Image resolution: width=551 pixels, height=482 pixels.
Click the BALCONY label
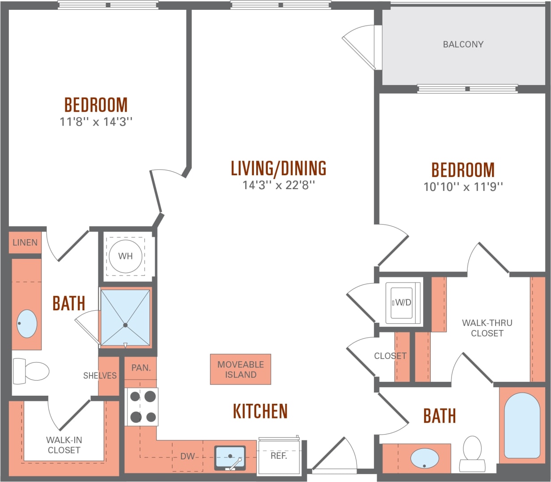[463, 44]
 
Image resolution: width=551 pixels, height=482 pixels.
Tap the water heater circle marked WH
[125, 256]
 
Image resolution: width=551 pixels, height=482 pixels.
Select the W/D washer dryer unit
[402, 302]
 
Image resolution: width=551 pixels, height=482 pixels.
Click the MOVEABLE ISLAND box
[241, 370]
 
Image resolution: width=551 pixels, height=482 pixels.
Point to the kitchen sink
[230, 457]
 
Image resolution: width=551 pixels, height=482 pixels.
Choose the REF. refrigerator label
[279, 456]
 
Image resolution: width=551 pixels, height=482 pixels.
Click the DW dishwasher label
[187, 457]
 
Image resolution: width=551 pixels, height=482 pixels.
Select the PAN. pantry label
[141, 368]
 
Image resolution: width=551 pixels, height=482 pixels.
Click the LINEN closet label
[25, 242]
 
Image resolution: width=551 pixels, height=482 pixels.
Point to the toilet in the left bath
[31, 371]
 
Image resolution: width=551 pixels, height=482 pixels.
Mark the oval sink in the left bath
[27, 323]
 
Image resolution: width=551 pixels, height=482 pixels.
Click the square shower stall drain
[125, 325]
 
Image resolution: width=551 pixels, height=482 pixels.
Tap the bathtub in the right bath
[522, 425]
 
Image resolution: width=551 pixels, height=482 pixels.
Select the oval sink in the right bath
[424, 459]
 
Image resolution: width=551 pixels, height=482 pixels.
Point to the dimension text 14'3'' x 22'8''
[279, 185]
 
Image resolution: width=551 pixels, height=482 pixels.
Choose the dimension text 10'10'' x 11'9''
[463, 187]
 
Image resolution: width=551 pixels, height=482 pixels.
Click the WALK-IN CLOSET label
[64, 445]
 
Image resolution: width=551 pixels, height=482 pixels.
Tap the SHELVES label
[100, 376]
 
